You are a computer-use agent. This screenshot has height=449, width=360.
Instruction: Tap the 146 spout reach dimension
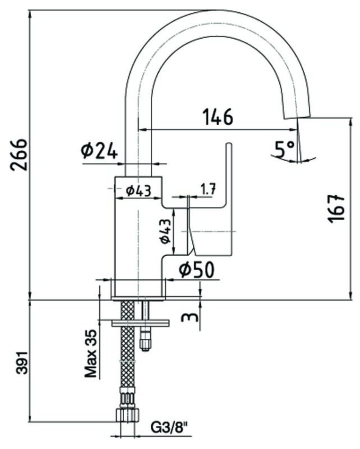(218, 117)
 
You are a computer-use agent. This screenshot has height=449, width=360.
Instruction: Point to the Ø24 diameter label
(99, 151)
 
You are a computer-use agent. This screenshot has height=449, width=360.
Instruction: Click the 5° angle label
(285, 149)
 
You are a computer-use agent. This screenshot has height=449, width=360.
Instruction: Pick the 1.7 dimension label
(208, 189)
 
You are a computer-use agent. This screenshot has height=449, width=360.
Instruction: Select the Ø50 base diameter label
(197, 270)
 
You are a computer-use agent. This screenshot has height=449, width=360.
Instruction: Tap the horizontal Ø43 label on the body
(138, 190)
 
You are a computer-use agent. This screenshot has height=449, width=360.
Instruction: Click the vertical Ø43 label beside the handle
(165, 232)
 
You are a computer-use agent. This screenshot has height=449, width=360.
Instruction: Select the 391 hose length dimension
(22, 362)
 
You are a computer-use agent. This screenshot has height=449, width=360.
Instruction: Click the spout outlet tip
(297, 117)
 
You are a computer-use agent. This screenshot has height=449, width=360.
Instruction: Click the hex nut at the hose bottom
(128, 414)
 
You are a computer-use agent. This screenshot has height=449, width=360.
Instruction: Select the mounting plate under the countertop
(140, 323)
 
